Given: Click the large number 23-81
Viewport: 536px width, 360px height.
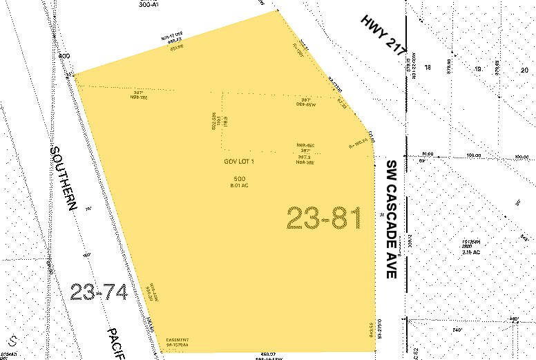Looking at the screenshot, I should click(x=324, y=219).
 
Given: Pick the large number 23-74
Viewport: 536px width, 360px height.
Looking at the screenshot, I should click(x=99, y=292).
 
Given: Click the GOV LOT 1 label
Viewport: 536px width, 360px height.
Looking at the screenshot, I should click(x=239, y=162).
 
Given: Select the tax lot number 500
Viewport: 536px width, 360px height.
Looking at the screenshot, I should click(x=239, y=179).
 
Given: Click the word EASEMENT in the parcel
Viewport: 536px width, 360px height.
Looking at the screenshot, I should click(x=177, y=341).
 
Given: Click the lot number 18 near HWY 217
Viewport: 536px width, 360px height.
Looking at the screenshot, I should click(x=428, y=68).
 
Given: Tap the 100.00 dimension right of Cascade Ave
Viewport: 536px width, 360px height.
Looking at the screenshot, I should click(x=474, y=155).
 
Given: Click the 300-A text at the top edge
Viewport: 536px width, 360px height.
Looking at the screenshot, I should click(x=149, y=3).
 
